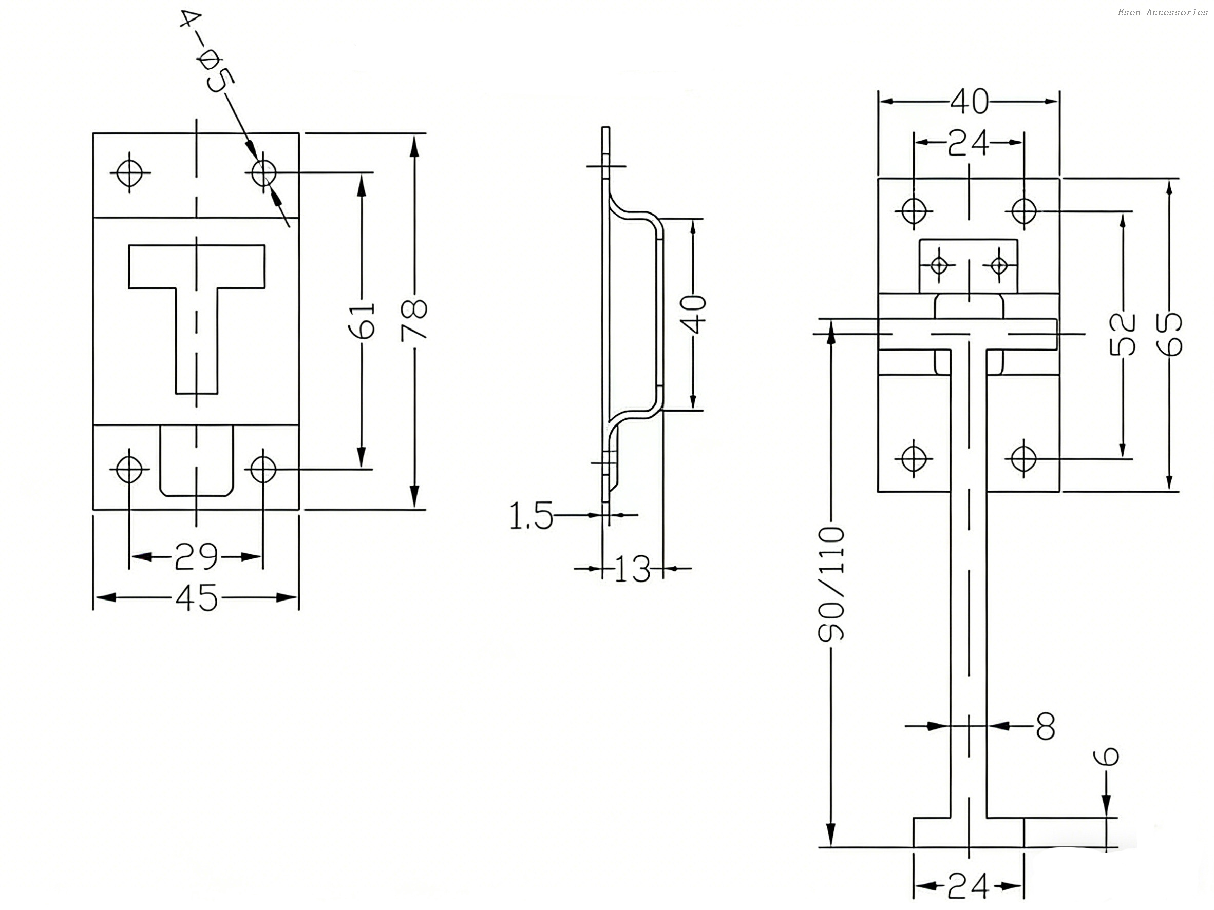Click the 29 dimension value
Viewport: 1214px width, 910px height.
196,557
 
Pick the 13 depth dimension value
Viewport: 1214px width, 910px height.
632,569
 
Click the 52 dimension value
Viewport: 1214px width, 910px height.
1123,335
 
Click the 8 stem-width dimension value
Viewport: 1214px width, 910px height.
1045,726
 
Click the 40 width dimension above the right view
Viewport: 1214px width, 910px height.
969,102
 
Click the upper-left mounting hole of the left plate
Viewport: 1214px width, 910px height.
130,172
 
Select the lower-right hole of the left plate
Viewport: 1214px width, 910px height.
263,469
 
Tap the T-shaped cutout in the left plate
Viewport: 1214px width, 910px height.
197,285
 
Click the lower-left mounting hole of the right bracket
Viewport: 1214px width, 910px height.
914,457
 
